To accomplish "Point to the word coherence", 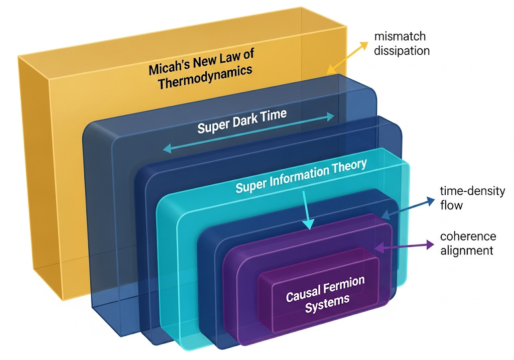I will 468,236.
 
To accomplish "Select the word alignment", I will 467,251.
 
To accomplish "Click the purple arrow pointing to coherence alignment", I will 404,246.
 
